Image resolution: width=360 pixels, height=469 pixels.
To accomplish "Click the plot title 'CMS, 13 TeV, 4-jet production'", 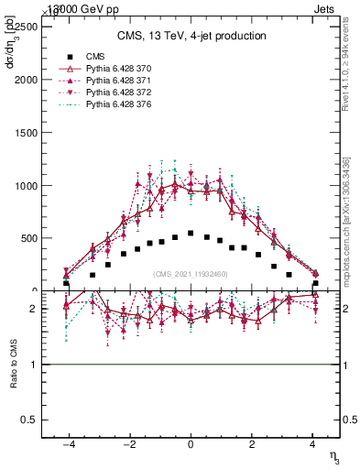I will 191,37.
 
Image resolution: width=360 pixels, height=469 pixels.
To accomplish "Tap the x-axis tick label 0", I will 191,443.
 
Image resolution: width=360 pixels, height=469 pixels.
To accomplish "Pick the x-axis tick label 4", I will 313,443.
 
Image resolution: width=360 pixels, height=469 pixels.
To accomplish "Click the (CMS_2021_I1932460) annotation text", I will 191,274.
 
